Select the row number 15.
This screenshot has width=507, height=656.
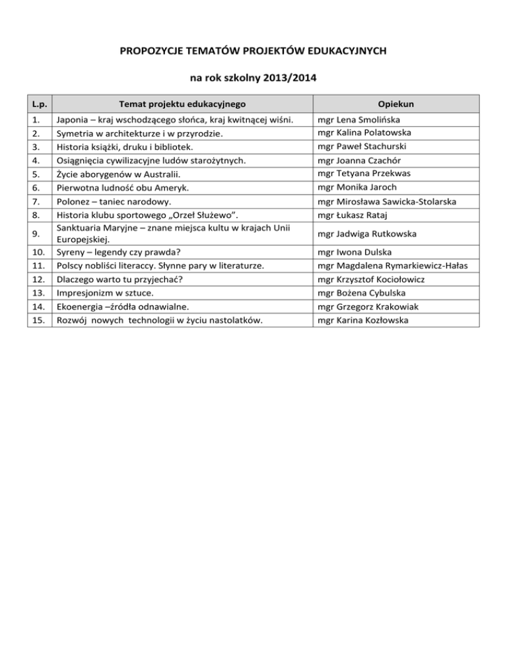point(40,321)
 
